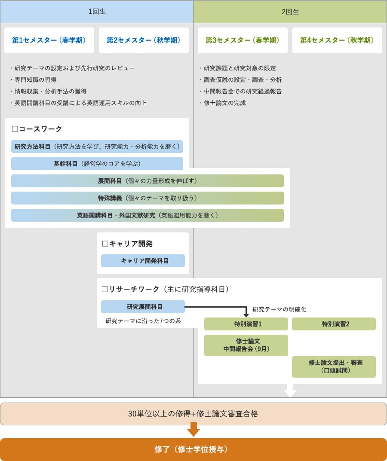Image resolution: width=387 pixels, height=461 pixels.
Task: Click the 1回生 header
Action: point(97,12)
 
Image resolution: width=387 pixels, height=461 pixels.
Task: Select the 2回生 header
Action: point(290,12)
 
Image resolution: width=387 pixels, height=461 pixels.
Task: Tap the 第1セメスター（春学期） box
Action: point(49,40)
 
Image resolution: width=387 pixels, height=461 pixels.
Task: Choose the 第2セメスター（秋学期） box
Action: point(144,40)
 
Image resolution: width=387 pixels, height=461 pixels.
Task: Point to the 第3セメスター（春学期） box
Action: point(243,40)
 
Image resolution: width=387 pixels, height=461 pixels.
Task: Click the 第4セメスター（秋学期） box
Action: point(337,40)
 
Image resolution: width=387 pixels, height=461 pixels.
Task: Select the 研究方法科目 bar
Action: point(97,147)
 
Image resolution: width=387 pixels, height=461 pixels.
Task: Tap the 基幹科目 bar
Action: point(97,164)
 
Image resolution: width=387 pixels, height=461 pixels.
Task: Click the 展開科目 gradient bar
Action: point(147,181)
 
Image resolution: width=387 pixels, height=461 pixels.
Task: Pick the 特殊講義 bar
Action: point(147,198)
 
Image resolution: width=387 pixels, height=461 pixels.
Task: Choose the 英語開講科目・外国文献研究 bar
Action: point(147,215)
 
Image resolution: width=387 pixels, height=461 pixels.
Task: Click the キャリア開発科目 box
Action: point(143,261)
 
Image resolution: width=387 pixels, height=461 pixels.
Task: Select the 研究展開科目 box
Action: point(143,307)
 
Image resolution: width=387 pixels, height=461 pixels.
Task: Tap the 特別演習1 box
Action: point(246,324)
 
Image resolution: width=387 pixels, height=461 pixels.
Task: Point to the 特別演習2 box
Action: point(334,324)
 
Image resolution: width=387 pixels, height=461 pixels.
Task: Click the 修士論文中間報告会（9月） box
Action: point(246,345)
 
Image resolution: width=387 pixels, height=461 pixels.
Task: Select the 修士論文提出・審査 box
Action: point(334,366)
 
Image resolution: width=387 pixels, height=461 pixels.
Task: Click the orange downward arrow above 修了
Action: point(193,430)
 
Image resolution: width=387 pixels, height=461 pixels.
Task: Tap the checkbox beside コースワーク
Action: point(15,129)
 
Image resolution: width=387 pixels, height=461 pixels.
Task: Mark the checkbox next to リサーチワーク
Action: point(104,289)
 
